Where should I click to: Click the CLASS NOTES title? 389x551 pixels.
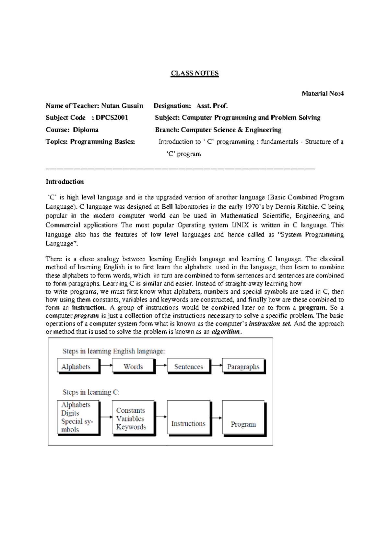pos(195,73)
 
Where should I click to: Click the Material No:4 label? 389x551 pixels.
pos(323,94)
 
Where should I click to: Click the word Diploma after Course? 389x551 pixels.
pos(86,130)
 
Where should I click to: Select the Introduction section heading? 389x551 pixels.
pos(65,182)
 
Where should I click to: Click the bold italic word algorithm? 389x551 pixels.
pos(226,332)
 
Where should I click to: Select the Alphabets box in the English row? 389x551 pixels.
pos(78,366)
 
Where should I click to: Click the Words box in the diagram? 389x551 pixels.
pos(133,366)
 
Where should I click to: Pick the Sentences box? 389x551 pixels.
pos(188,366)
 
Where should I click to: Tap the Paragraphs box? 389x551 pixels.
pos(243,366)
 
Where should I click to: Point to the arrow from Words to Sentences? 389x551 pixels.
pos(161,365)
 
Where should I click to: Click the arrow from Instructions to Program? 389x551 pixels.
pos(216,418)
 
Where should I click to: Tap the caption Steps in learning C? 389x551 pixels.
pos(91,392)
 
